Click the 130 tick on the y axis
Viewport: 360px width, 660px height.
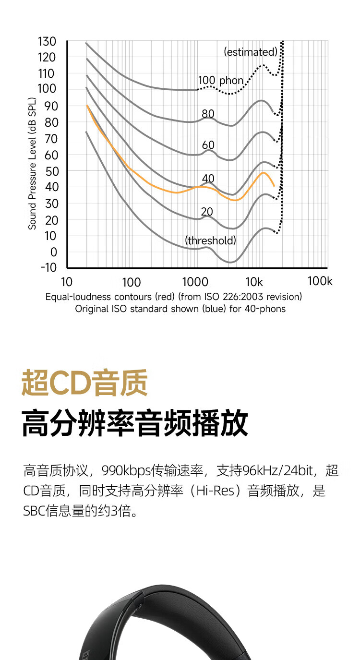(x=47, y=42)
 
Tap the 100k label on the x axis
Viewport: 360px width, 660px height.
(x=320, y=281)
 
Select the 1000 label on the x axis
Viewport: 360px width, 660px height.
(x=195, y=282)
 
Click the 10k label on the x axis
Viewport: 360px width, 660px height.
(x=254, y=282)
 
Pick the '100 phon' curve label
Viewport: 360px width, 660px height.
(x=221, y=80)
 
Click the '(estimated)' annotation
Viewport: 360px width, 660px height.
(x=251, y=52)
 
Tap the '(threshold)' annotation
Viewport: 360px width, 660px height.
(x=211, y=240)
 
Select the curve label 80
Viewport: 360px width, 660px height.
(x=208, y=114)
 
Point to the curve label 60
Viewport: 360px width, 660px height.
(x=208, y=145)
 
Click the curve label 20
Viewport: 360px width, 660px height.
(x=207, y=212)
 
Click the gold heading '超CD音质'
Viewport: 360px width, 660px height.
(x=84, y=383)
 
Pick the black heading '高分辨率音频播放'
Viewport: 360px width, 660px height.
(x=135, y=423)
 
